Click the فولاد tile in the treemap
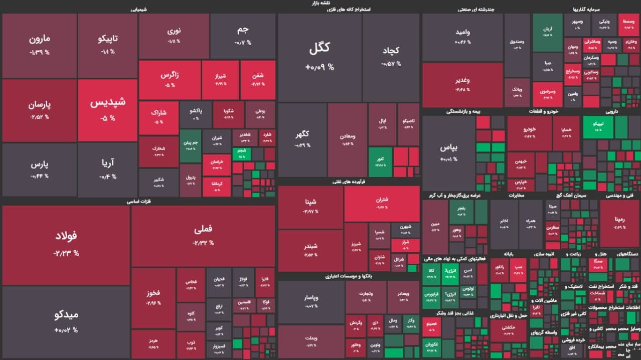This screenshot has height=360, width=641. click(66, 245)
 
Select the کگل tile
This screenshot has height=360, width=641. click(319, 55)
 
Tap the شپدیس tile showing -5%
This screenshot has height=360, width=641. click(107, 109)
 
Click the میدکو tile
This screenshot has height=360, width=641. click(66, 321)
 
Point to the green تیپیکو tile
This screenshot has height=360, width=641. click(597, 126)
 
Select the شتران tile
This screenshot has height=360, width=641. click(382, 204)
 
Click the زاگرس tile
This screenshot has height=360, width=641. click(170, 79)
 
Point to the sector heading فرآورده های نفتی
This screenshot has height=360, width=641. click(348, 183)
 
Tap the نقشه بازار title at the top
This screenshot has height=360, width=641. click(320, 3)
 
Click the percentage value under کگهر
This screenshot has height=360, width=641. click(302, 145)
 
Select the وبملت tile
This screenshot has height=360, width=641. click(311, 342)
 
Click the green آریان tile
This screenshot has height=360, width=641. click(547, 32)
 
